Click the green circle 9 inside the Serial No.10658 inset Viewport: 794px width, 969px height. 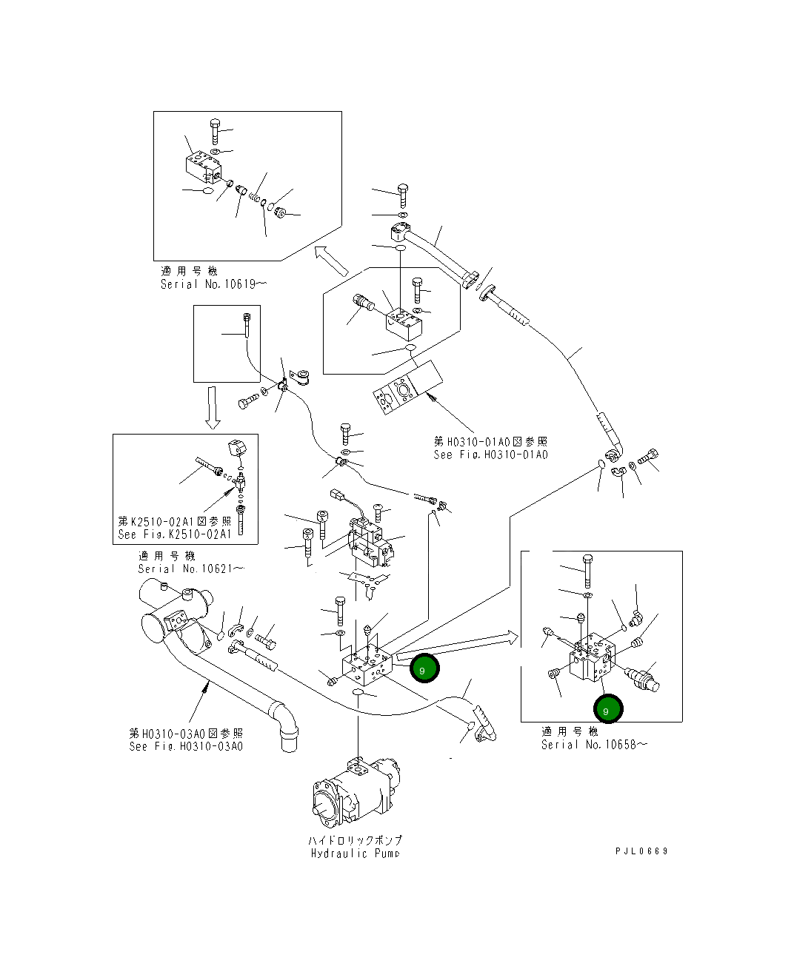click(608, 709)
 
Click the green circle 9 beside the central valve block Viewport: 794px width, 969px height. click(424, 669)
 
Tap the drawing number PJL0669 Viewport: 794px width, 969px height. click(641, 851)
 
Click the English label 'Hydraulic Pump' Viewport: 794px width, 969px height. click(356, 854)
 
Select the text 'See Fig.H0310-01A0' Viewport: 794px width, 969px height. click(491, 455)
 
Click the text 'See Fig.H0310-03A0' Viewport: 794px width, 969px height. click(186, 746)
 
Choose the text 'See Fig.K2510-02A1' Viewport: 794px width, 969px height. click(175, 534)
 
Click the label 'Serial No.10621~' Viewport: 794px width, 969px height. click(190, 569)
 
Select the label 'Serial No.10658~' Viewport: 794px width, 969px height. click(593, 745)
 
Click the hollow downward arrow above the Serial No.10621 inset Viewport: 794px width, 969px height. click(213, 407)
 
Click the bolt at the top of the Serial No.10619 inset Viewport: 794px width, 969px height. click(214, 131)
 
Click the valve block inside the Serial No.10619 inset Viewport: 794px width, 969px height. click(202, 167)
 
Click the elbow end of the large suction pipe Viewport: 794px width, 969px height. click(287, 729)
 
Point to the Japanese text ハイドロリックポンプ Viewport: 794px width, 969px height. click(356, 841)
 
